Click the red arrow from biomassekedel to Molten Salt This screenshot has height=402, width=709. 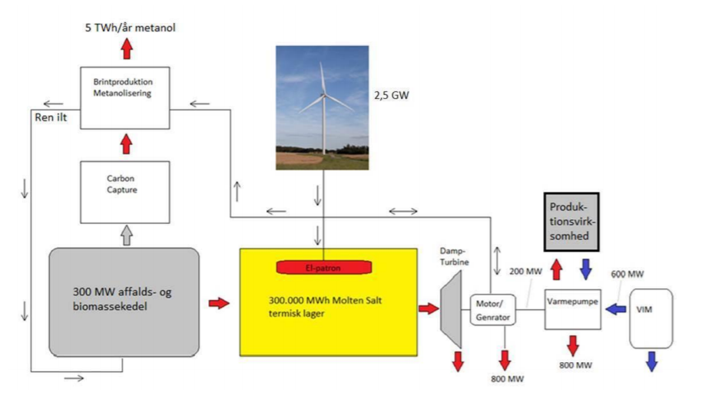219,304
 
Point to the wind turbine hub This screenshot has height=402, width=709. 324,96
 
